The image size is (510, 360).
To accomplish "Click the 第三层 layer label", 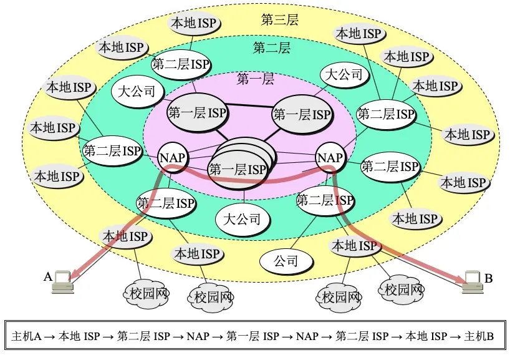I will click(x=280, y=19).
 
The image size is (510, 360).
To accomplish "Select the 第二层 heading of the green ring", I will click(x=272, y=48).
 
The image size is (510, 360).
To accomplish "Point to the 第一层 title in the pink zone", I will click(x=256, y=79).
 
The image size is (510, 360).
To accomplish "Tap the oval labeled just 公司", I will click(x=287, y=261).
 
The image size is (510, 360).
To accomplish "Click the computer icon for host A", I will click(x=63, y=281).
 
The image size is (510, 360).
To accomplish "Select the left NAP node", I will click(x=172, y=157).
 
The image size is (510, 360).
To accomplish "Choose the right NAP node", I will click(x=330, y=157).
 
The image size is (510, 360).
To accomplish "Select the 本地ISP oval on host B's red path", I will click(x=354, y=246).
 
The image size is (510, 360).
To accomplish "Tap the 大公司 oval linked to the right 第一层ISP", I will click(x=345, y=75).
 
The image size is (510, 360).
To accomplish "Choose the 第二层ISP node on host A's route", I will click(x=166, y=203).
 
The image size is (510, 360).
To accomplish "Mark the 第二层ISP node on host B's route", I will click(x=325, y=201).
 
